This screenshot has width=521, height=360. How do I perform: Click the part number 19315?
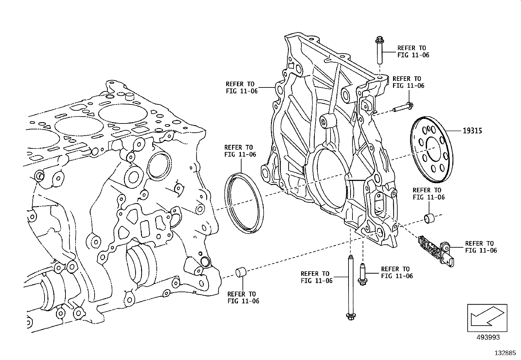tap(473, 131)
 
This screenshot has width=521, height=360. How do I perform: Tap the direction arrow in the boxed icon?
tap(487, 316)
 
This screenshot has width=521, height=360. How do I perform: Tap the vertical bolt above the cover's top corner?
tap(380, 51)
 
